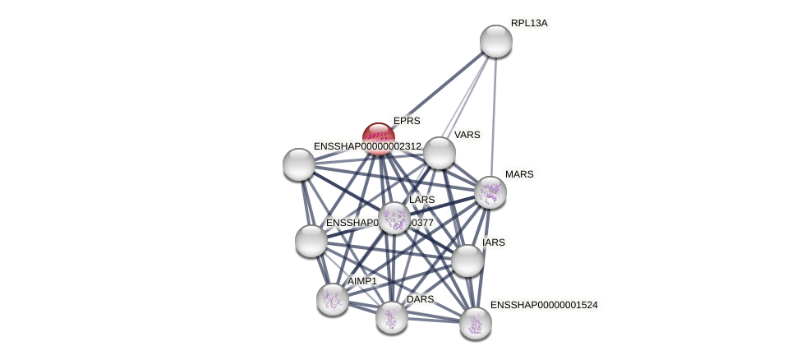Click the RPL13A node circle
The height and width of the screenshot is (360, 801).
coord(496,41)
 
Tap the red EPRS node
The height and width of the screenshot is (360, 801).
coord(378,138)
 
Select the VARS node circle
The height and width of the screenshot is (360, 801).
coord(440,153)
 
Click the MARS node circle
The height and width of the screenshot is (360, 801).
coord(490,192)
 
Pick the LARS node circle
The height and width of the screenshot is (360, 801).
coord(394,218)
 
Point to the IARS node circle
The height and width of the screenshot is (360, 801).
coord(467,261)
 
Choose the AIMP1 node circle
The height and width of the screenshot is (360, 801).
coord(333,299)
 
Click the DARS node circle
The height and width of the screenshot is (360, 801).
coord(392,317)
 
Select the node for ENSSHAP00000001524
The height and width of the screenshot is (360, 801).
coord(476,323)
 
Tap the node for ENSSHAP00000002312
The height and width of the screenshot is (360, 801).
coord(299,164)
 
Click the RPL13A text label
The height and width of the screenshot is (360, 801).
coord(529,23)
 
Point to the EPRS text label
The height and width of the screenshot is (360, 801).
coord(407,121)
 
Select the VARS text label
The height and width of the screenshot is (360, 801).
coord(467,135)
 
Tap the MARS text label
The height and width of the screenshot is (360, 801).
coord(519,174)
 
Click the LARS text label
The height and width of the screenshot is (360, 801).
coord(422,200)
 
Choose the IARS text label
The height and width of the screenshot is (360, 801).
coord(494,242)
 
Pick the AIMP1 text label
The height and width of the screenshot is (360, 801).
coord(362,281)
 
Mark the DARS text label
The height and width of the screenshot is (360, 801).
coord(420,299)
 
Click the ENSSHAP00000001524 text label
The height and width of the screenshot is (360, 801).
coord(544,305)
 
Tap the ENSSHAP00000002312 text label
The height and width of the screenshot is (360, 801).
coord(367,146)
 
